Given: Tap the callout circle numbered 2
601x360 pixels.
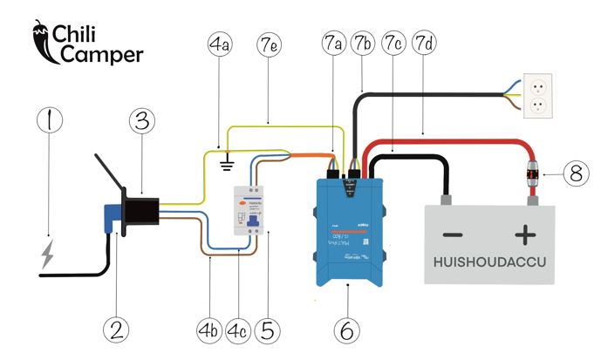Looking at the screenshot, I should pos(116,329).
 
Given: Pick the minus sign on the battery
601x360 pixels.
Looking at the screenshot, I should pos(452,235).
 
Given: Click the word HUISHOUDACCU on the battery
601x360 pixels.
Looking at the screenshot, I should pos(488,263).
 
